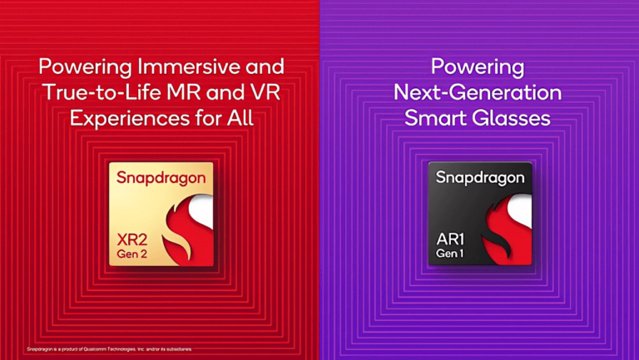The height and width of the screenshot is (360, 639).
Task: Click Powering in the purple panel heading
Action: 478,67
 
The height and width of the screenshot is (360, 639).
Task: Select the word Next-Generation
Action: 478,92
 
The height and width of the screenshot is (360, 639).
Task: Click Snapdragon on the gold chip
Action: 161,177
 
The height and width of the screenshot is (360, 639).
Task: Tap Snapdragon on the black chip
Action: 480,177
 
